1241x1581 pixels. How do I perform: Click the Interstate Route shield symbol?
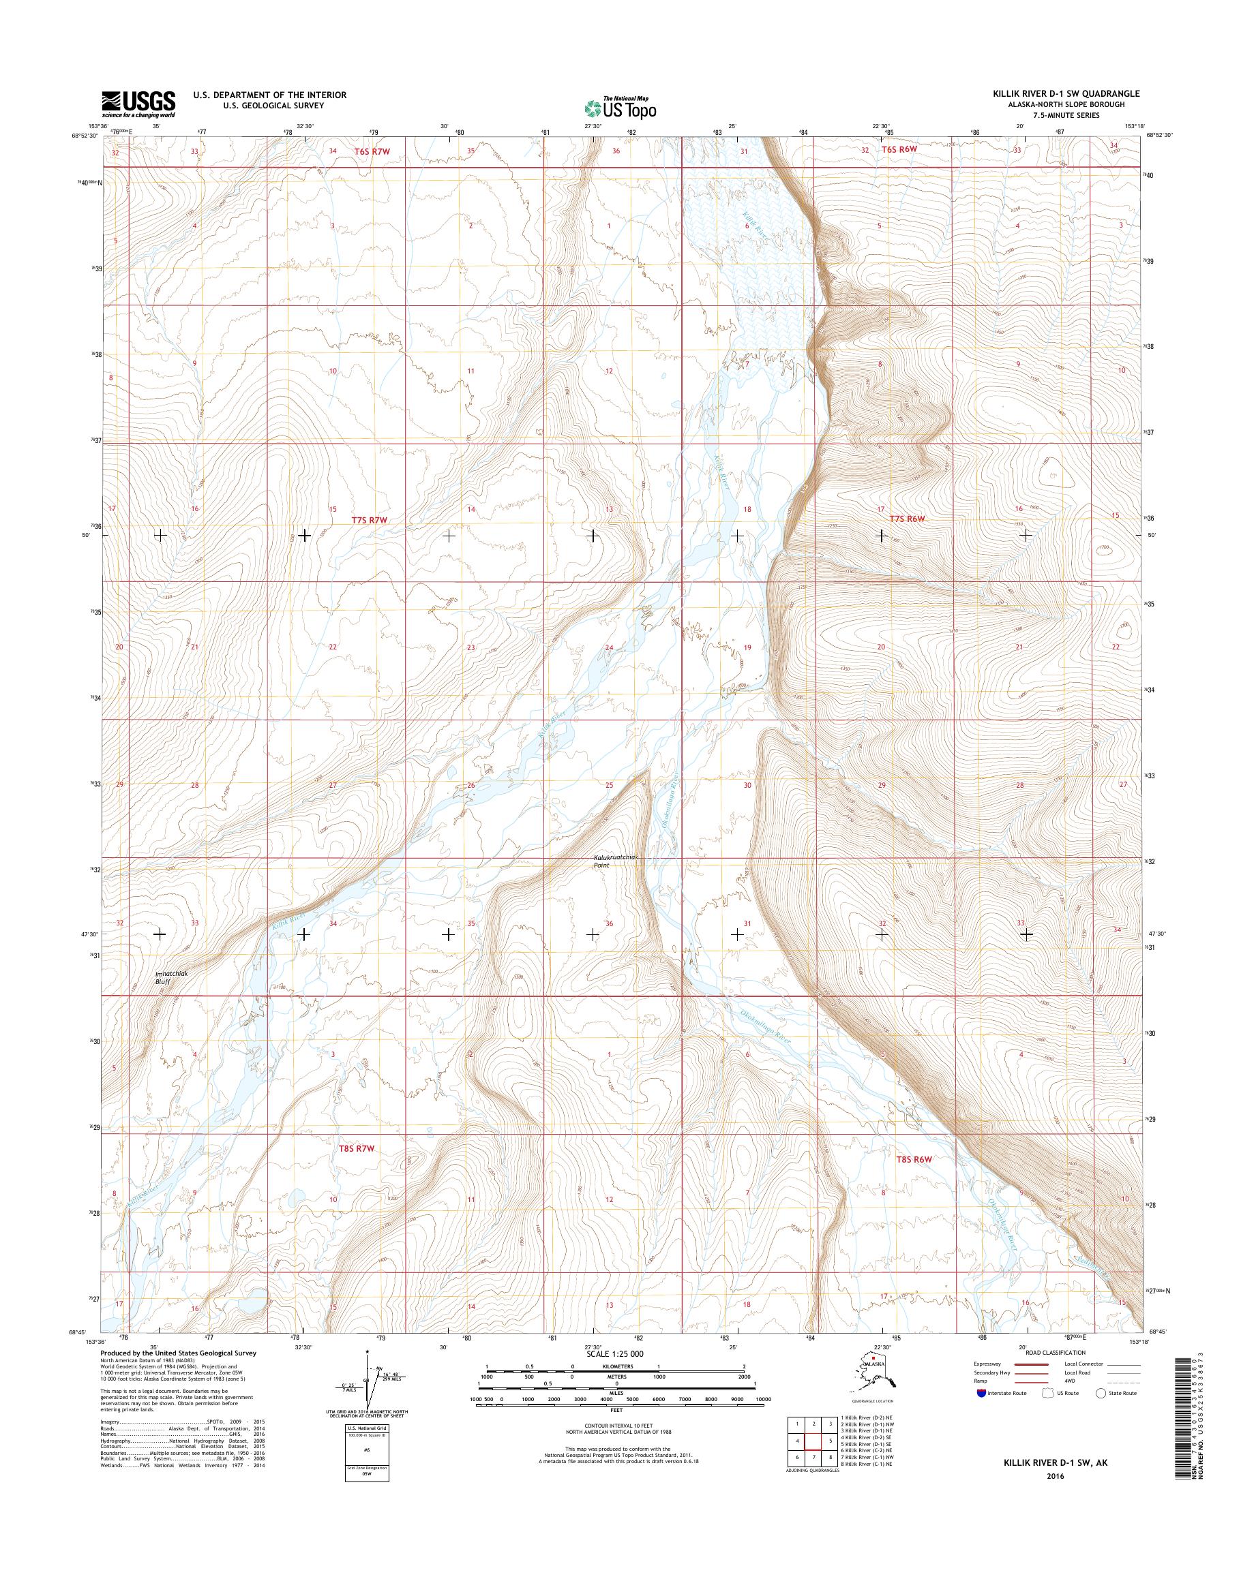pos(982,1393)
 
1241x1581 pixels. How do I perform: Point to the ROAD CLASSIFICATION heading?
pos(1055,1353)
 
